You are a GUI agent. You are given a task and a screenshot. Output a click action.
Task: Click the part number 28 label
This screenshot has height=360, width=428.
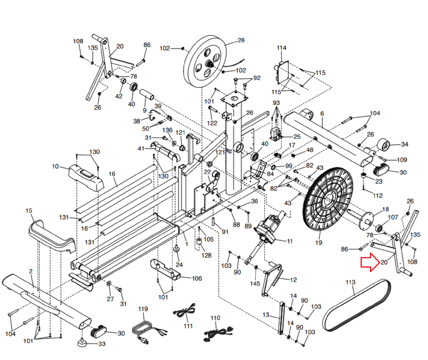pos(241,40)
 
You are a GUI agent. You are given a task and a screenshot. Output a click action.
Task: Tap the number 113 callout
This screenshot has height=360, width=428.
pos(350,282)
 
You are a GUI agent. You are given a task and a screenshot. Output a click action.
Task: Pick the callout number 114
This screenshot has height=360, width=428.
pos(281,48)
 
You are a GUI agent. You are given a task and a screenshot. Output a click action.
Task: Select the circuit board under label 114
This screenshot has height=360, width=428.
pos(282,71)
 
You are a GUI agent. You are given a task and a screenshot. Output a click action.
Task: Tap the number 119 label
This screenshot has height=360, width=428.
pos(143,309)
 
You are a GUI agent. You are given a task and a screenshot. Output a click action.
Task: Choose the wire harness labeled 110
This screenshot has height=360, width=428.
pos(218,333)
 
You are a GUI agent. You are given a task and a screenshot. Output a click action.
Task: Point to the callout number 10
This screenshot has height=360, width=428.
pos(55,166)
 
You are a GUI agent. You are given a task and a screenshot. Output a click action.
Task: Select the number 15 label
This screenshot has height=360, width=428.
pos(29,211)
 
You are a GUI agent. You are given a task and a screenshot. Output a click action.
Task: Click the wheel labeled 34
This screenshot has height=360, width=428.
pos(384,145)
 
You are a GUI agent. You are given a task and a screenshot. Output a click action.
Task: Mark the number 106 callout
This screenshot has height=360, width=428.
pos(197,278)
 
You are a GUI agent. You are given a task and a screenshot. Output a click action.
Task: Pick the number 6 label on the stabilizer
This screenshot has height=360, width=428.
pos(322,113)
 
